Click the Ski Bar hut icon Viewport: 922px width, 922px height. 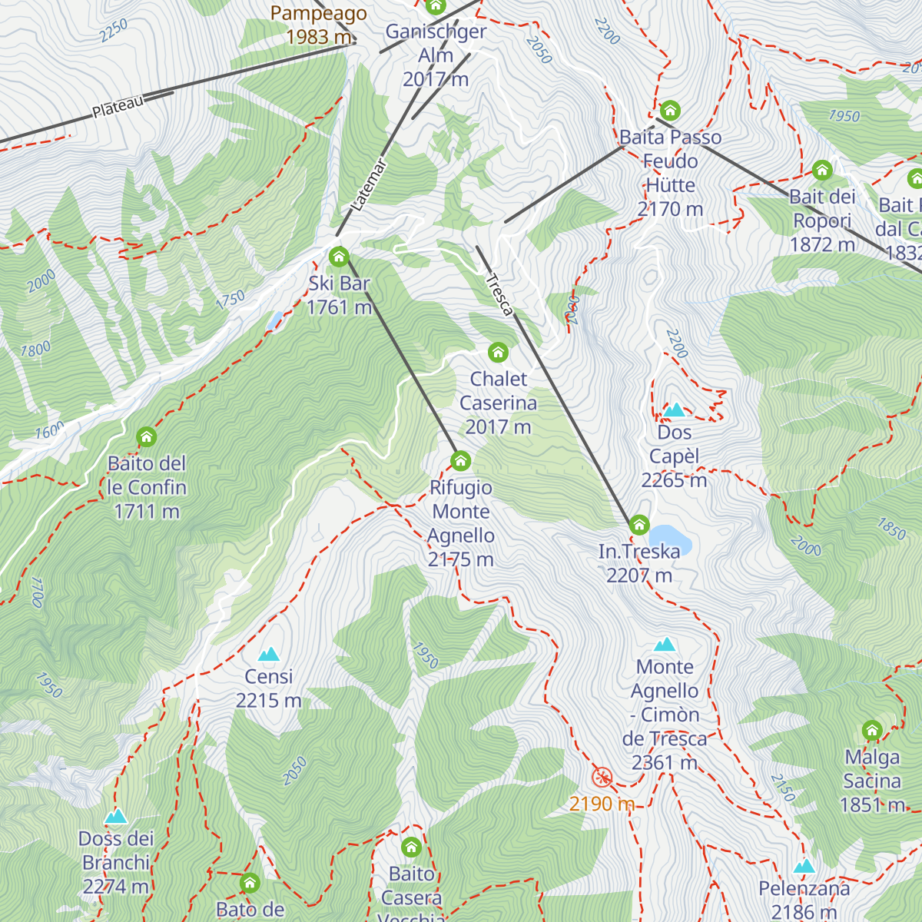tap(339, 257)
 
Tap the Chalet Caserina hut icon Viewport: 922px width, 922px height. tap(498, 353)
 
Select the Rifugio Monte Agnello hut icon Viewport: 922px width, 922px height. tap(460, 461)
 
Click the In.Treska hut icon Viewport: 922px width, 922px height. tap(639, 526)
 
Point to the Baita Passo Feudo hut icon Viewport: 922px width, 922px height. tap(670, 111)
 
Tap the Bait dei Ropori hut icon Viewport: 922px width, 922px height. tap(822, 170)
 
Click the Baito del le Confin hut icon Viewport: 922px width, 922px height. tap(146, 437)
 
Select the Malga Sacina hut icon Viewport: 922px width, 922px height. tap(871, 730)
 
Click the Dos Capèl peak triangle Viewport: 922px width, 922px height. tap(674, 410)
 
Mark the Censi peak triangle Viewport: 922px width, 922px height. tap(268, 655)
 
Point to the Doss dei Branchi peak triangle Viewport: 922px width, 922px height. tap(116, 816)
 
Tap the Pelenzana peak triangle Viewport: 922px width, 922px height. tap(804, 867)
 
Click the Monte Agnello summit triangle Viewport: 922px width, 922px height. tap(665, 645)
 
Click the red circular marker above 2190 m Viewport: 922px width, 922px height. tap(602, 778)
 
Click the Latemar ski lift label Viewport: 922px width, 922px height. tap(368, 184)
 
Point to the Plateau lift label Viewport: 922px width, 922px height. tap(118, 107)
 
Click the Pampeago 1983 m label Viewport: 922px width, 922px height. tap(318, 25)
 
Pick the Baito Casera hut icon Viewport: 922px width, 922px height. tap(411, 847)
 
